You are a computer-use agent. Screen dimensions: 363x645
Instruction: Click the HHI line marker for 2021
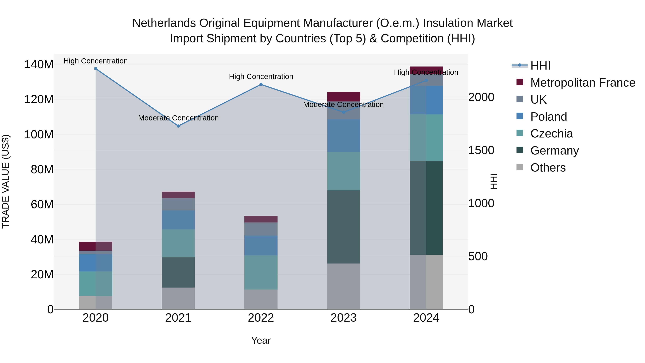pos(178,126)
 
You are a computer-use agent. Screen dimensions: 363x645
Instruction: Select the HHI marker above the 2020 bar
pos(96,69)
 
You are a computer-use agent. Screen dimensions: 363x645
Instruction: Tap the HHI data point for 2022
pos(261,85)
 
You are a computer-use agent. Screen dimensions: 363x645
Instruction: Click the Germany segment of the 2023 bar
pos(343,227)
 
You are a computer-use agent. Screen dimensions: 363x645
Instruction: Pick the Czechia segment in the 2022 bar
pos(261,272)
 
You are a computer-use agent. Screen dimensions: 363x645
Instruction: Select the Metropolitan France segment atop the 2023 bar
pos(343,96)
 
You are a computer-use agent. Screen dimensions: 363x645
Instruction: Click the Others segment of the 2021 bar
pos(178,298)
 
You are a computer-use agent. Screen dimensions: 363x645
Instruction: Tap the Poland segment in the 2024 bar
pos(426,100)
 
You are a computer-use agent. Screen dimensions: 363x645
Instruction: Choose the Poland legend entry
pos(548,117)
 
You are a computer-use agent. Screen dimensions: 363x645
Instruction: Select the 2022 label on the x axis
pos(261,318)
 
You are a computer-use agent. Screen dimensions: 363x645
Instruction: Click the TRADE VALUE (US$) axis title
pos(6,181)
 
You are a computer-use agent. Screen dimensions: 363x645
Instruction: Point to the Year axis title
pos(261,340)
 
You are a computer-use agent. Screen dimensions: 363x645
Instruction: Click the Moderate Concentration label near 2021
pos(178,118)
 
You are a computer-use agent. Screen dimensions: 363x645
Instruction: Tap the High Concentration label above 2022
pos(261,77)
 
